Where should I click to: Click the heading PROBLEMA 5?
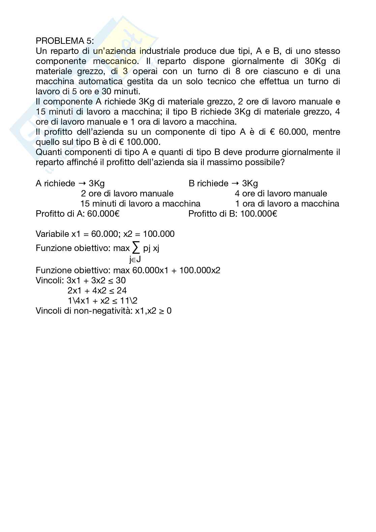[65, 41]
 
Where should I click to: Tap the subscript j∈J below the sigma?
[135, 259]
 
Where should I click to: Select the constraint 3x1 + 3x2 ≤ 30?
[96, 280]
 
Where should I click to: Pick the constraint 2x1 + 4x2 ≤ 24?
[97, 290]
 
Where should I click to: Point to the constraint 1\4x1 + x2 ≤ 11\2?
[102, 301]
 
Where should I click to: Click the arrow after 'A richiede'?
[82, 184]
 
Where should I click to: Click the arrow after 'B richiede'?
[235, 184]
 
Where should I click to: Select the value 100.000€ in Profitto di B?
[259, 214]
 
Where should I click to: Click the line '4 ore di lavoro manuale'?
[281, 193]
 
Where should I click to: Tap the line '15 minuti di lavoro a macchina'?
[140, 204]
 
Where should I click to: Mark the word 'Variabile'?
[52, 234]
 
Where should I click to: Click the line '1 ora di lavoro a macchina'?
[287, 204]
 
